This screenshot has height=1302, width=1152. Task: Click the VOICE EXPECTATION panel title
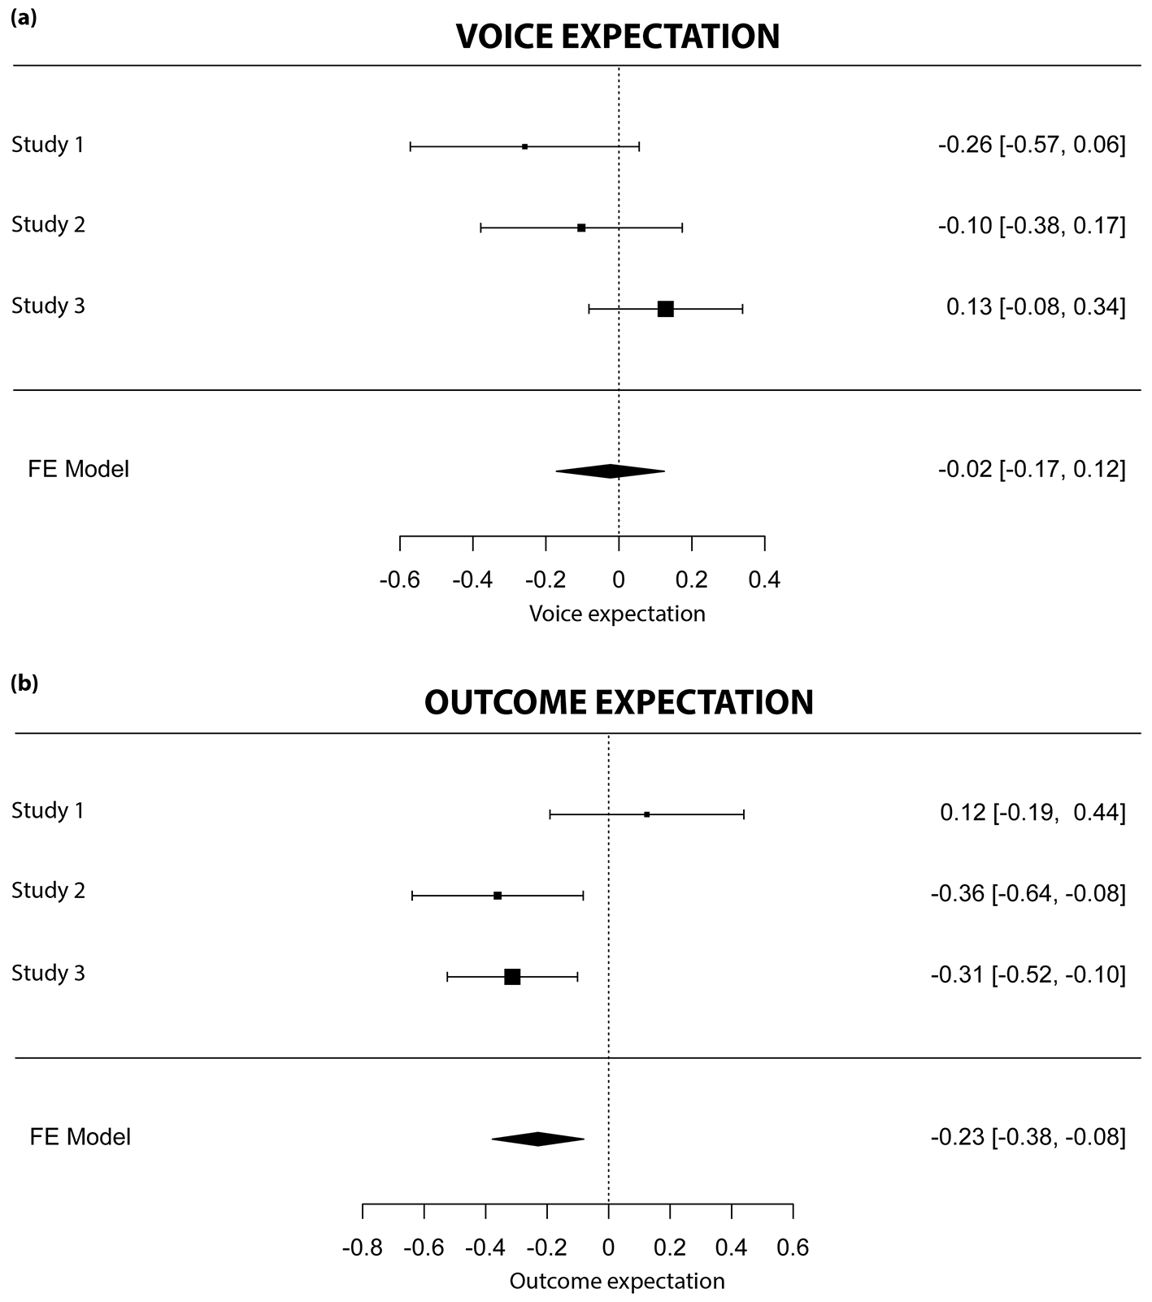coord(618,37)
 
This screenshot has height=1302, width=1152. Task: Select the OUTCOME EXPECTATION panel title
coord(619,703)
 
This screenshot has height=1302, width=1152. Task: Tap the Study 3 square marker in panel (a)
coord(666,309)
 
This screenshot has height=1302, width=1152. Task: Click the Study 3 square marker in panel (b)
coord(512,977)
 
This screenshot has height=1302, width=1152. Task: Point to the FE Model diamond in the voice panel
coord(611,471)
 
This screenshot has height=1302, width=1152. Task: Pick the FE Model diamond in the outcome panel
coord(537,1139)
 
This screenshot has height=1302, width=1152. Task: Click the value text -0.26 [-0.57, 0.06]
coord(1032,145)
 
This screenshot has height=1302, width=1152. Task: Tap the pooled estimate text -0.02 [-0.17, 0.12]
coord(1032,470)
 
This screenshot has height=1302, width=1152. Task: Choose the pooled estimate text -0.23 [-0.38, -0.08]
coord(1028,1137)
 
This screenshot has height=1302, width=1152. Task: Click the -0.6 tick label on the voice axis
coord(399,580)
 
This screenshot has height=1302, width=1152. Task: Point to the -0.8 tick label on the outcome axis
coord(362,1248)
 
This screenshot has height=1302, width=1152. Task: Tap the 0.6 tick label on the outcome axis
coord(793,1248)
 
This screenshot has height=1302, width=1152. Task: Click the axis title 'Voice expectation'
coord(617,614)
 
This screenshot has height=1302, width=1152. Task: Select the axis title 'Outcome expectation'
coord(617,1282)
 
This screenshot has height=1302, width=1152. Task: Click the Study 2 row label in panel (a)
coord(48,224)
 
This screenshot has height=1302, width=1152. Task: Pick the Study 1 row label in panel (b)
coord(48,810)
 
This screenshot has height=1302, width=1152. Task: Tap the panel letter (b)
coord(24,684)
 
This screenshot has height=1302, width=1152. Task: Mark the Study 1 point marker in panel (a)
coord(525,146)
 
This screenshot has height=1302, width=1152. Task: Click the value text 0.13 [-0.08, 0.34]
coord(1037,307)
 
